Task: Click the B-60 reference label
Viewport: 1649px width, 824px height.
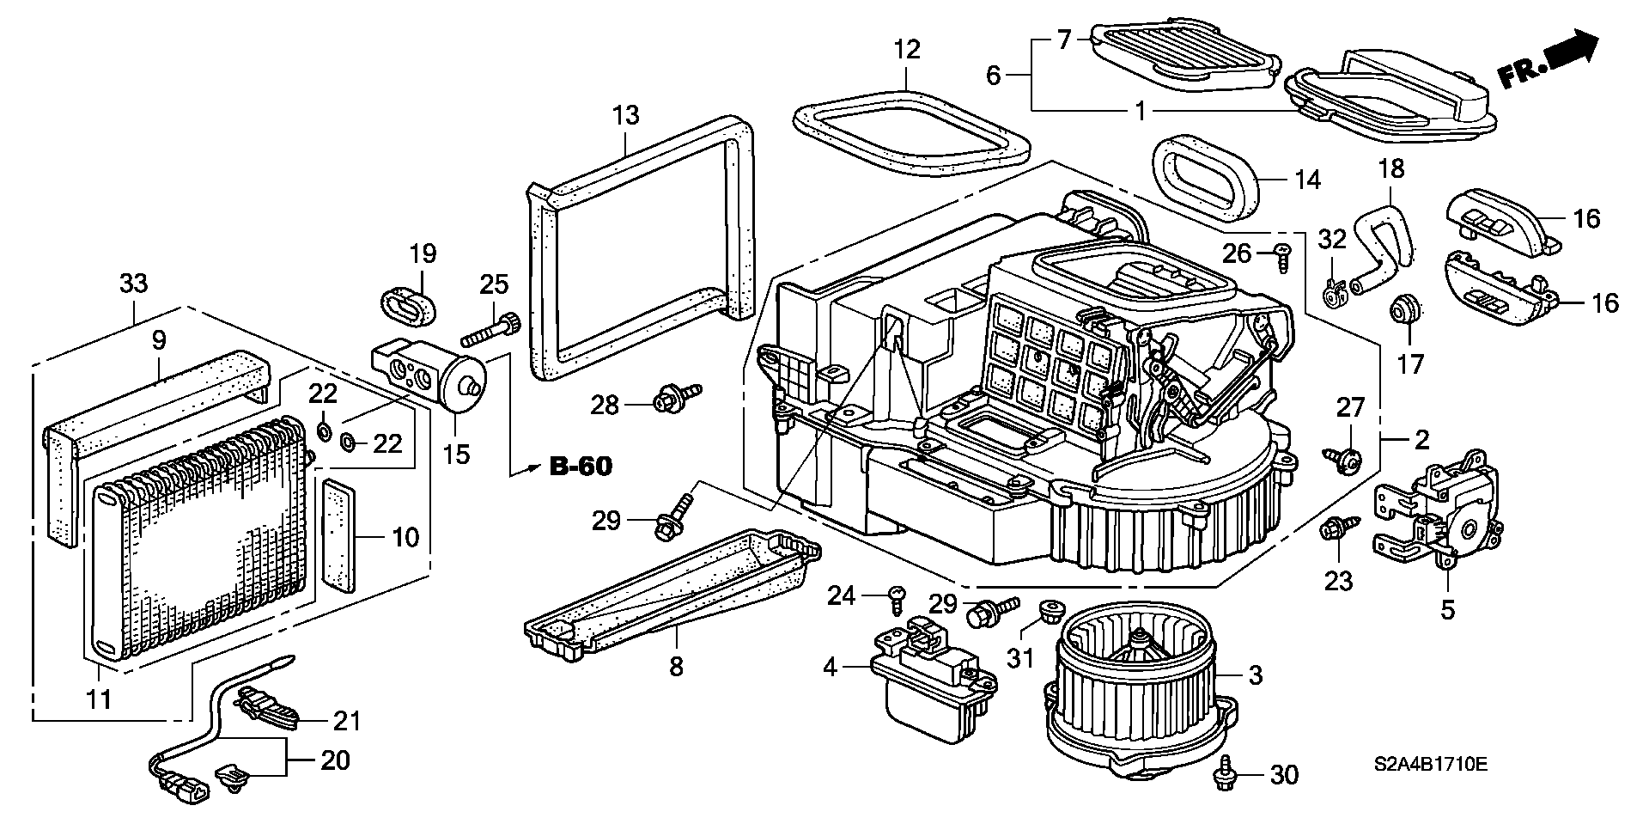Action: point(581,467)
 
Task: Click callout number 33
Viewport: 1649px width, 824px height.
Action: point(133,283)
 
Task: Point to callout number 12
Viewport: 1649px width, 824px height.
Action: point(906,49)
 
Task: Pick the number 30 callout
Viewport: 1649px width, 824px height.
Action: point(1283,775)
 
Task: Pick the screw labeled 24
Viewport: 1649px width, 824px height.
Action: point(897,599)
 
